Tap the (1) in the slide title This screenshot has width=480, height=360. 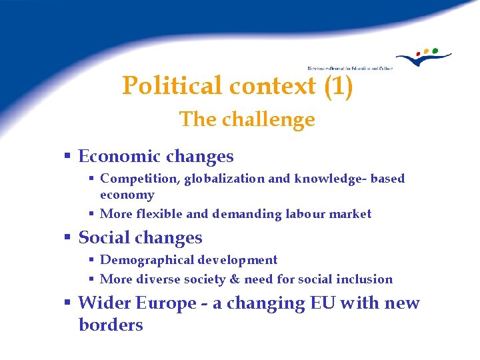tap(337, 86)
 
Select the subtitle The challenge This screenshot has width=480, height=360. tap(247, 119)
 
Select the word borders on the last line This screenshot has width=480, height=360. tap(111, 325)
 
